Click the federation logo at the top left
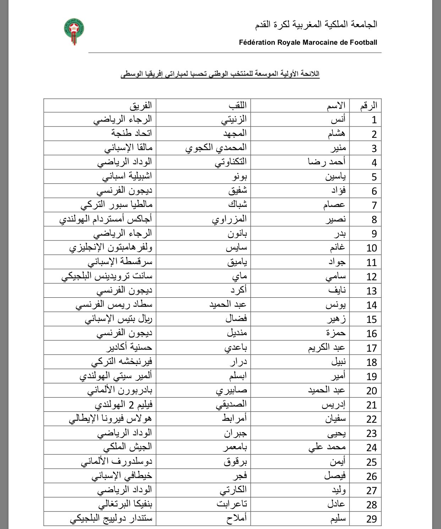pyautogui.click(x=74, y=31)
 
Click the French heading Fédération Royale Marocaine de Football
pyautogui.click(x=308, y=43)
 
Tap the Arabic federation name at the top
pyautogui.click(x=316, y=25)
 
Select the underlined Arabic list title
pyautogui.click(x=220, y=74)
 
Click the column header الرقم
pyautogui.click(x=368, y=106)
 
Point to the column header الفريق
pyautogui.click(x=141, y=106)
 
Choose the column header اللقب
pyautogui.click(x=238, y=106)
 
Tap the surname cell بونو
pyautogui.click(x=238, y=176)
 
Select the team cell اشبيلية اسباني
pyautogui.click(x=127, y=176)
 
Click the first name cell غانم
pyautogui.click(x=337, y=247)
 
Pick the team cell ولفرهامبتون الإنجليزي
pyautogui.click(x=111, y=247)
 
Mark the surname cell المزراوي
pyautogui.click(x=229, y=219)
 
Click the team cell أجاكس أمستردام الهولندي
pyautogui.click(x=106, y=219)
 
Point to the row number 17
pyautogui.click(x=371, y=348)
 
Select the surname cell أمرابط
pyautogui.click(x=234, y=419)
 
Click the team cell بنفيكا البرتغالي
pyautogui.click(x=125, y=504)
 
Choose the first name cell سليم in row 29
pyautogui.click(x=337, y=518)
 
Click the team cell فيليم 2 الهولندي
pyautogui.click(x=124, y=404)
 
